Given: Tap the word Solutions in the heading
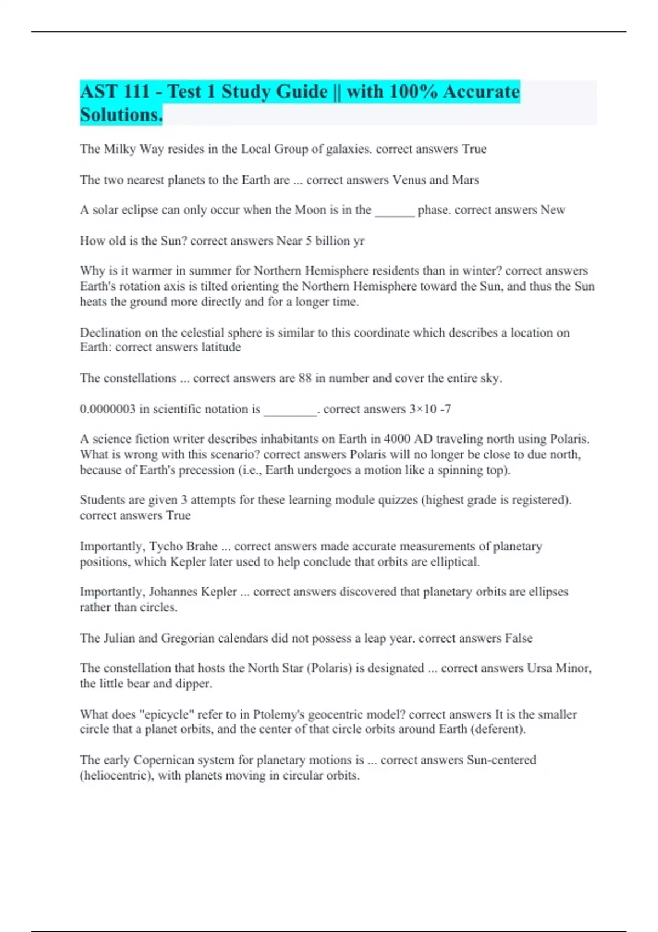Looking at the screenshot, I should (121, 115).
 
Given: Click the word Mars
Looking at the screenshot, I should (466, 180).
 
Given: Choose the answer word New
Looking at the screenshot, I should (553, 210).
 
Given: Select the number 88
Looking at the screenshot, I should (305, 378).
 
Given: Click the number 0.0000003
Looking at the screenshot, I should (107, 409).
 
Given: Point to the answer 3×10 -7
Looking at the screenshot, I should (430, 409).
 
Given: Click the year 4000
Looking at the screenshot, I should (396, 439).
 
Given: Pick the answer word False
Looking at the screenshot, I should (518, 638).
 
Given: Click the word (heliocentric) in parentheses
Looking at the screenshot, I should (117, 776).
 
